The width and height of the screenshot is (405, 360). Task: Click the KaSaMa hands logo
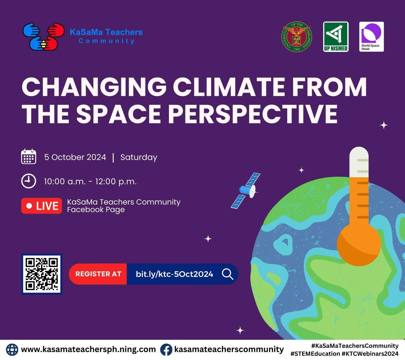click(44, 36)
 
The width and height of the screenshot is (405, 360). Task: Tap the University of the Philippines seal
click(297, 36)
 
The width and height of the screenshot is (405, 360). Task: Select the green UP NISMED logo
click(336, 37)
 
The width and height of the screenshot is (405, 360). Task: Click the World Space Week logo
click(371, 37)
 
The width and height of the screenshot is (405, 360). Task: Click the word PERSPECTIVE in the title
click(253, 114)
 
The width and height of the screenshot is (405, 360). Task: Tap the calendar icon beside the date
click(28, 157)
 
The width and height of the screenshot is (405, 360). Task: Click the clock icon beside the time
click(28, 181)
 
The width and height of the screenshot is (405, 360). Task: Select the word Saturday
click(139, 157)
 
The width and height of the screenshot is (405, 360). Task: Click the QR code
click(42, 274)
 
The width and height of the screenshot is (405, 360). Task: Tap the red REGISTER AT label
click(98, 274)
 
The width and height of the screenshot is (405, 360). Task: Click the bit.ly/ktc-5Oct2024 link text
click(174, 274)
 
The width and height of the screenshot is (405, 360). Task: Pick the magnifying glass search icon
click(227, 274)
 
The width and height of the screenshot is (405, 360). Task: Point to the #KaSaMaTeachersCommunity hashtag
click(355, 346)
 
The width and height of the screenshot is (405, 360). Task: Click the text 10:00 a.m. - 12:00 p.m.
click(90, 182)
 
